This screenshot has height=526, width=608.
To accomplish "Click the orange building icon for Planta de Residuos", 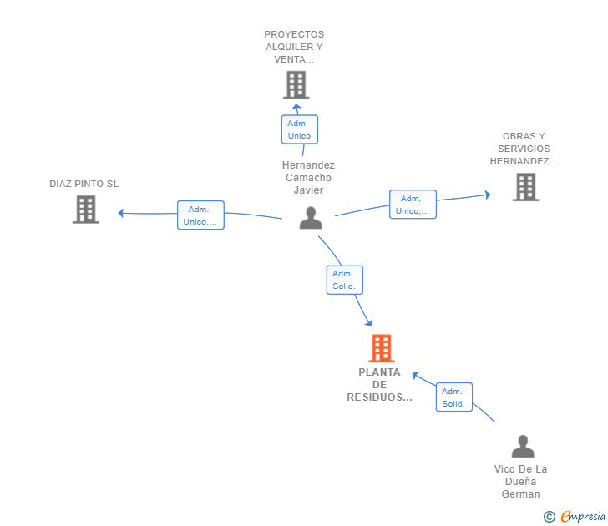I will coord(380,348).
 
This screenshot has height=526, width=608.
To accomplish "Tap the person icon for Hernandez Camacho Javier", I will coord(311,218).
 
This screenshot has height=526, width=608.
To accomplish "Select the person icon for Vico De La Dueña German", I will coord(523,447).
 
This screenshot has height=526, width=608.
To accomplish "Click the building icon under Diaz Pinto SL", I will coord(85,210).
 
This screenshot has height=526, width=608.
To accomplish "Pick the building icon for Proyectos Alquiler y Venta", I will coord(296,85).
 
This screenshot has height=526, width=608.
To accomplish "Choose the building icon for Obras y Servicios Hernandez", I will coord(525,187).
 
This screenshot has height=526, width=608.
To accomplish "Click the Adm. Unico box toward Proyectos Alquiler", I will coord(299,129).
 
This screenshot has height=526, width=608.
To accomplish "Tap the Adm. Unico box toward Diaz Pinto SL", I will coord(200,215).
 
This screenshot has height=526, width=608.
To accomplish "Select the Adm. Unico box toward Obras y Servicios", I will coord(413,205).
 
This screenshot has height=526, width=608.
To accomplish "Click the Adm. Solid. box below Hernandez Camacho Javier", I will coord(344,280).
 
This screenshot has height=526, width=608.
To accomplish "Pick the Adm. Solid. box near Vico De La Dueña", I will coord(453,397).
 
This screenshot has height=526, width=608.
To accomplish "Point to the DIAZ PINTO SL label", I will coord(84,184).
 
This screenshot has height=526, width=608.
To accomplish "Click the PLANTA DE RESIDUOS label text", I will coord(380,385).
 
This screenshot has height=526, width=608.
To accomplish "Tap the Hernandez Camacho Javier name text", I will coord(308,177).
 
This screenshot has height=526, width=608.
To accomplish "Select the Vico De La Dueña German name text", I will coord(521,481).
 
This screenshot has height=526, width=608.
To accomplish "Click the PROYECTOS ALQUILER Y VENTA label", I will coord(294,47).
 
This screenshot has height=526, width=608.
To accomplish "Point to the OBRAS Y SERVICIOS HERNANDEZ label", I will coord(524,149).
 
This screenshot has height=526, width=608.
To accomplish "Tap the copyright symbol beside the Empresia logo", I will coord(550,517).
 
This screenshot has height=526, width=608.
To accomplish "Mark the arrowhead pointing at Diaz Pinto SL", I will coord(122,213).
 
